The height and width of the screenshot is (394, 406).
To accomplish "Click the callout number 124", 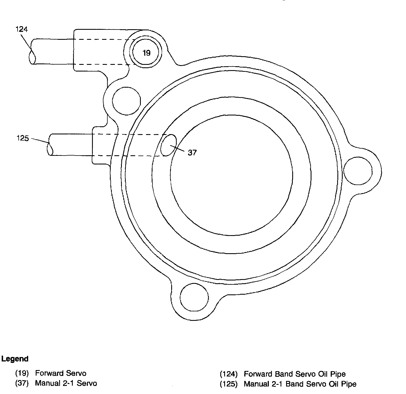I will (21, 29).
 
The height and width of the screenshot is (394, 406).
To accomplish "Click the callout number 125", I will (23, 138).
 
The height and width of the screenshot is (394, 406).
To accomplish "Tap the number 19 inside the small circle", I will (147, 53).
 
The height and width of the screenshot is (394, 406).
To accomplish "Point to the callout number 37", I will (192, 152).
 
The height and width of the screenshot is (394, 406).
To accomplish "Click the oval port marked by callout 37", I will (169, 145).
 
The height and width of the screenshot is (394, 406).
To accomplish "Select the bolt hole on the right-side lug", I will (358, 170).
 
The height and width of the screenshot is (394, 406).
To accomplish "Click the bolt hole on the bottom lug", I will (194, 297).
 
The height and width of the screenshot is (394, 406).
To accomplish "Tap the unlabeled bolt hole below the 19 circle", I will (126, 101).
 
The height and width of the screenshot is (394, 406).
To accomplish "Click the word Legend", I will (15, 359).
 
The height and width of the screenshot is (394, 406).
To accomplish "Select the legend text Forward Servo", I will (61, 373).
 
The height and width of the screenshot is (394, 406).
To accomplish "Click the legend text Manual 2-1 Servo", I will (66, 383).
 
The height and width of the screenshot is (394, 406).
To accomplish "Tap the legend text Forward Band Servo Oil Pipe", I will (294, 374).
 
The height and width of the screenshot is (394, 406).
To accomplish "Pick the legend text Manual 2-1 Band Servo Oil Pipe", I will (300, 384).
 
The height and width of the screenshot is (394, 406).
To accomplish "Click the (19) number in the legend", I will (22, 373).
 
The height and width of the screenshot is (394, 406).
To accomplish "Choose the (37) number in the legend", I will (22, 383).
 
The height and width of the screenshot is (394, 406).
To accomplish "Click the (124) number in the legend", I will (229, 374).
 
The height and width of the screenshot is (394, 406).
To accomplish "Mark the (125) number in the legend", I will (229, 384).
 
